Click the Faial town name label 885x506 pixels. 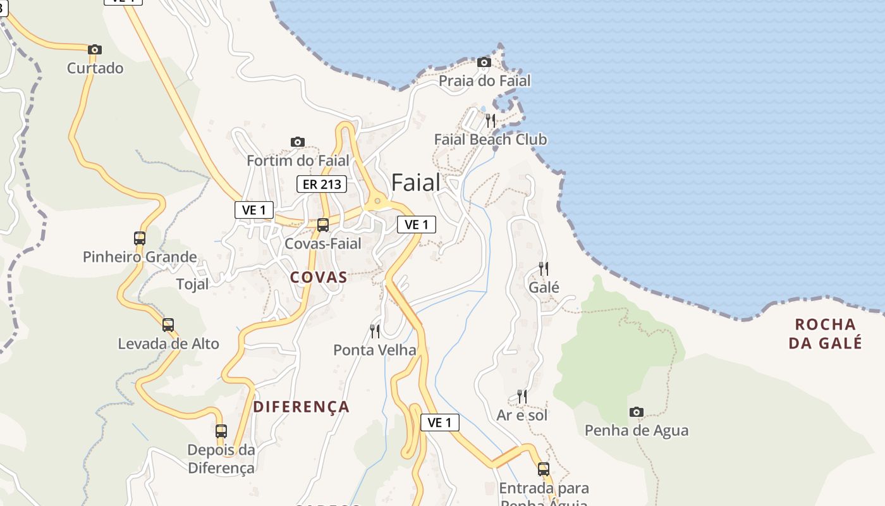[415, 183]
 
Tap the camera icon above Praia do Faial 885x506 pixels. [484, 62]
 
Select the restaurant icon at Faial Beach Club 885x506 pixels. [491, 120]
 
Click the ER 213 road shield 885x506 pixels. [322, 184]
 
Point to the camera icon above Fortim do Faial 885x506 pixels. [297, 142]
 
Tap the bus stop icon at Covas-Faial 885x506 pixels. [323, 225]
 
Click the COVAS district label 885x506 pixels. [319, 277]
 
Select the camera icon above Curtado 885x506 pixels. [95, 49]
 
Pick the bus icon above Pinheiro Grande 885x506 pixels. [140, 238]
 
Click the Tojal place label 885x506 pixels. [192, 284]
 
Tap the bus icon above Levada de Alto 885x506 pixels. [168, 325]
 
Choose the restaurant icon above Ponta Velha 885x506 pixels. [375, 331]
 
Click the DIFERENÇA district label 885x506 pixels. [301, 407]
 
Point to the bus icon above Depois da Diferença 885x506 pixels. [221, 431]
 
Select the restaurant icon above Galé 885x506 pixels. [544, 269]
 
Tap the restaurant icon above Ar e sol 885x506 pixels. [522, 397]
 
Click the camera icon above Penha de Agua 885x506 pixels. [636, 412]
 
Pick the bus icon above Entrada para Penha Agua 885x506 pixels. [544, 469]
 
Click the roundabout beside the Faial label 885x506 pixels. [377, 202]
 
